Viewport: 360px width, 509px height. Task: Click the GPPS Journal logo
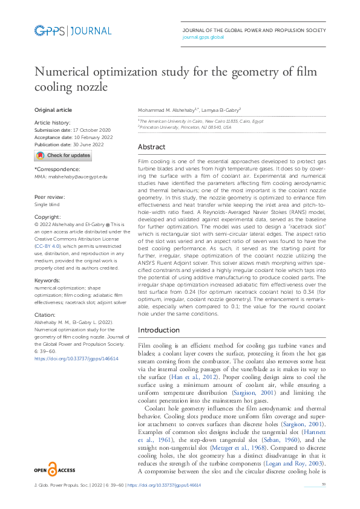pyautogui.click(x=73, y=31)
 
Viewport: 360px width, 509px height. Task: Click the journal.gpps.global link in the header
pyautogui.click(x=203, y=37)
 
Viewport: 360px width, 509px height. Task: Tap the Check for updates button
pyautogui.click(x=63, y=155)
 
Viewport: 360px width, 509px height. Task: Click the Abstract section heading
pyautogui.click(x=152, y=147)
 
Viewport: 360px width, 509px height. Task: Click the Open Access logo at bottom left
pyautogui.click(x=54, y=469)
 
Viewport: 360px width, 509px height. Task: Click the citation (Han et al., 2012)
pyautogui.click(x=185, y=377)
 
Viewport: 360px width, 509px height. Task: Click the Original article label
pyautogui.click(x=53, y=110)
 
